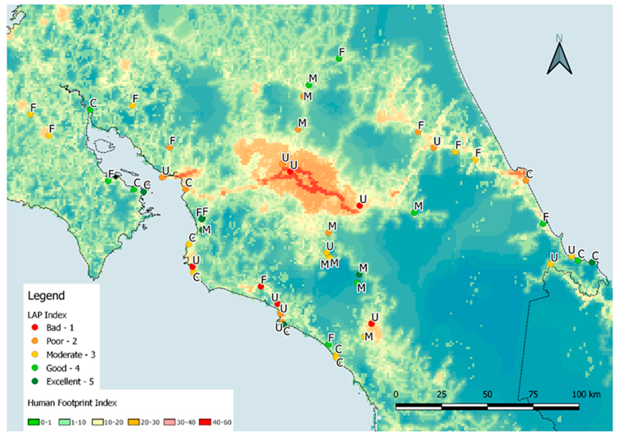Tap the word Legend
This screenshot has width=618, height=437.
click(x=46, y=296)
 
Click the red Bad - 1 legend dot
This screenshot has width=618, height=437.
click(x=35, y=327)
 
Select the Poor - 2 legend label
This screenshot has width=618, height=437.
click(x=62, y=341)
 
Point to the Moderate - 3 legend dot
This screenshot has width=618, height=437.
click(x=35, y=354)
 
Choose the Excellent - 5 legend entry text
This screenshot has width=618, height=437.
click(x=70, y=382)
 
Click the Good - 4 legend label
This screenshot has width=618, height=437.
click(x=63, y=368)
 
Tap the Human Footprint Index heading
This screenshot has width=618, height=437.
click(x=72, y=403)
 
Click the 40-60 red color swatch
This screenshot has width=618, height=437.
click(x=205, y=422)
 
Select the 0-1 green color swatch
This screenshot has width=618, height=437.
click(x=34, y=422)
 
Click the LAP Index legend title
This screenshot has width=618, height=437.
click(x=47, y=315)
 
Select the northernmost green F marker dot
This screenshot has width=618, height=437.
click(x=339, y=59)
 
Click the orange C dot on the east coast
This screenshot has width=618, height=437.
click(x=526, y=181)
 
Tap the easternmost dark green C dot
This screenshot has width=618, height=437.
click(x=592, y=262)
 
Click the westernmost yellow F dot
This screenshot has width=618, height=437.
click(x=30, y=114)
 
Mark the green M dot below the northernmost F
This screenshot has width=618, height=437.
click(x=309, y=85)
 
